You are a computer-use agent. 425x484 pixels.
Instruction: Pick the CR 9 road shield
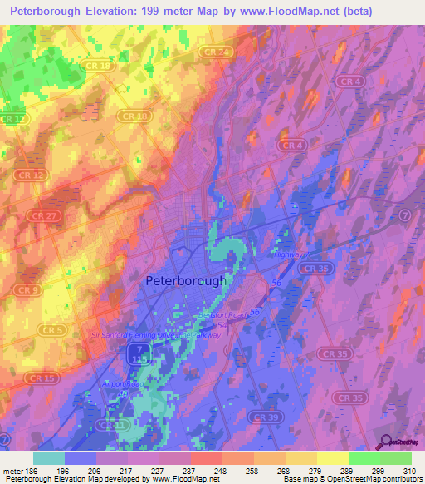pyautogui.click(x=28, y=289)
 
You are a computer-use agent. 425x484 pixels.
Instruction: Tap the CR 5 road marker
pyautogui.click(x=32, y=329)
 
